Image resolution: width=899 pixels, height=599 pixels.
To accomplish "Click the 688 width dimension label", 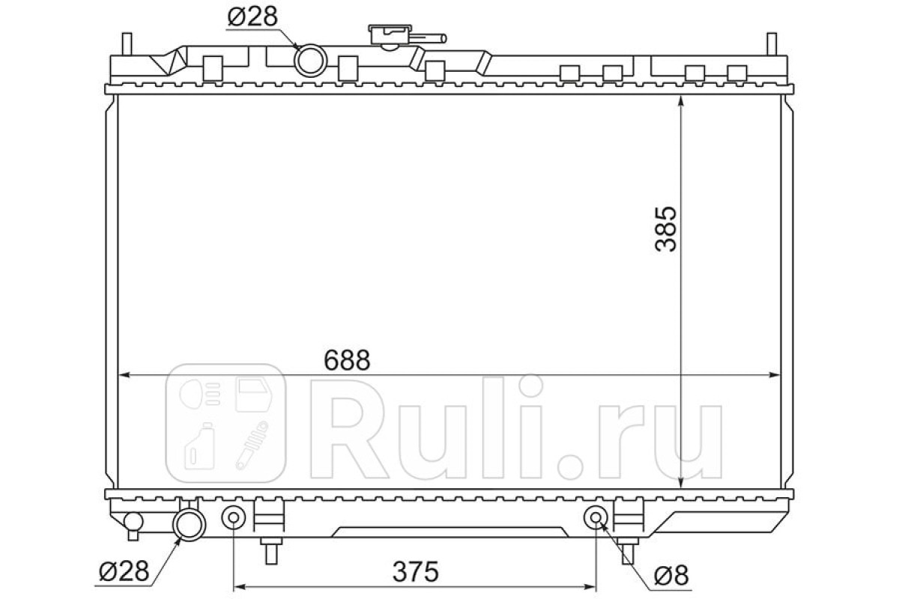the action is coord(347,360).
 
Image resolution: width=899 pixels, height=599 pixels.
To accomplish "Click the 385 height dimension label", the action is coord(665,229).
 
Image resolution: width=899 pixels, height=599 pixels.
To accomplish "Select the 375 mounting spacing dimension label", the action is coord(415,572).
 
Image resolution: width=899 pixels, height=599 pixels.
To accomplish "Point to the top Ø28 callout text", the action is coord(252,16).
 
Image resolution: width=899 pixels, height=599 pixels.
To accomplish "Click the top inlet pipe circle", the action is coord(311,61).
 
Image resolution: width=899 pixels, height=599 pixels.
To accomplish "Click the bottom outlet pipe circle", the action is coord(189,525).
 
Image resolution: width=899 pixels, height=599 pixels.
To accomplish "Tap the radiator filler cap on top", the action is coord(390,35).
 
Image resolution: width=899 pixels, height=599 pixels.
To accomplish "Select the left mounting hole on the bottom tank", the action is coord(234,517).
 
